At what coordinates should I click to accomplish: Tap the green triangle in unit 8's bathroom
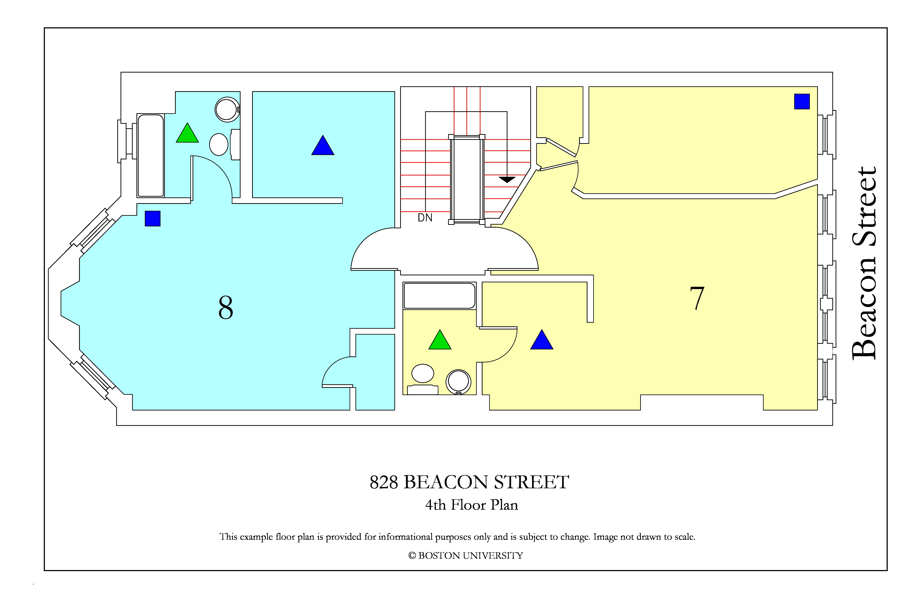click(x=187, y=133)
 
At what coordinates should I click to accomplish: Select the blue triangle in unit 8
click(x=323, y=145)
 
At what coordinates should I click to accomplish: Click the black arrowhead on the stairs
click(x=507, y=179)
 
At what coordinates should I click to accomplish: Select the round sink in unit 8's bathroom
click(x=227, y=109)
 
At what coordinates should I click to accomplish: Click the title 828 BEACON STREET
click(x=469, y=482)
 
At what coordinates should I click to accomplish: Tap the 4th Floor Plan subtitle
click(x=472, y=505)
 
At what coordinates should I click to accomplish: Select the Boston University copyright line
click(x=465, y=556)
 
